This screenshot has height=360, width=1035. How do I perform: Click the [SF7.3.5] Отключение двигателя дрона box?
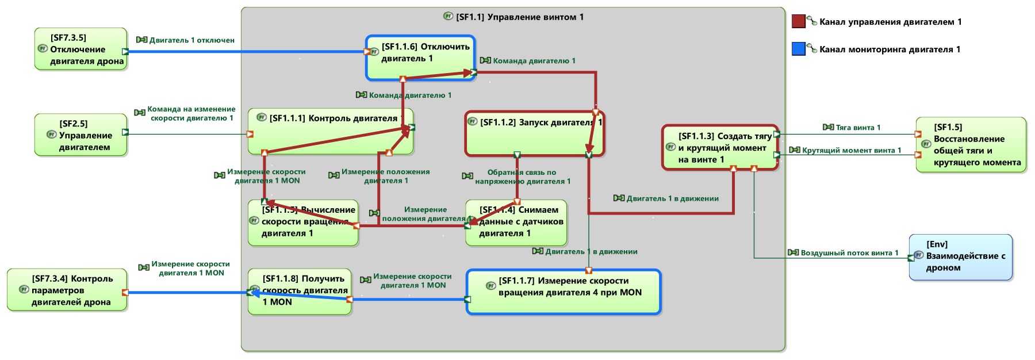pyautogui.click(x=80, y=49)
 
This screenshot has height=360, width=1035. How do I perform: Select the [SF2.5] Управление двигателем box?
pyautogui.click(x=80, y=135)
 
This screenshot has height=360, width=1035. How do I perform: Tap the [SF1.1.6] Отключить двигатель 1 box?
pyautogui.click(x=421, y=58)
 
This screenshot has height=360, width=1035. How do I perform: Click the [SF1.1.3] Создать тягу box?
pyautogui.click(x=720, y=147)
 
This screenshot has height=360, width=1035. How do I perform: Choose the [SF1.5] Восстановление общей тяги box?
pyautogui.click(x=971, y=145)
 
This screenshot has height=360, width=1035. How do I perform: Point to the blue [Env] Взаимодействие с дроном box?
pyautogui.click(x=960, y=256)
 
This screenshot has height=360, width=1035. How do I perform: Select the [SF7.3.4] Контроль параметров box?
pyautogui.click(x=67, y=290)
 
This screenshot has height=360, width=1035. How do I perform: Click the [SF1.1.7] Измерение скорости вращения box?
pyautogui.click(x=563, y=292)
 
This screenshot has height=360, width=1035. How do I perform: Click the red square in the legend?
pyautogui.click(x=798, y=22)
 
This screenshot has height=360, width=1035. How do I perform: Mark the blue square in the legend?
pyautogui.click(x=798, y=49)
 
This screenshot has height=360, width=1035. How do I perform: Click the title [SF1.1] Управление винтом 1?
pyautogui.click(x=519, y=17)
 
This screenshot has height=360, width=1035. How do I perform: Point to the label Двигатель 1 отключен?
pyautogui.click(x=191, y=40)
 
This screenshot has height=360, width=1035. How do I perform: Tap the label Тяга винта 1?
pyautogui.click(x=857, y=128)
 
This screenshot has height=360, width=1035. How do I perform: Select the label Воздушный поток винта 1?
pyautogui.click(x=849, y=253)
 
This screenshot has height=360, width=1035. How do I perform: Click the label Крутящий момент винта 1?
pyautogui.click(x=851, y=151)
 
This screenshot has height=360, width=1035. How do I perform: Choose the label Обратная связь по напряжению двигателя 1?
pyautogui.click(x=522, y=177)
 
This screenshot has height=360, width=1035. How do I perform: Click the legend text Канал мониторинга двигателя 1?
pyautogui.click(x=890, y=49)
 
